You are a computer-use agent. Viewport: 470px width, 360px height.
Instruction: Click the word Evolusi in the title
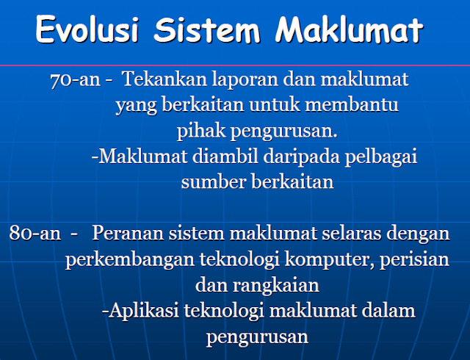[x=87, y=29]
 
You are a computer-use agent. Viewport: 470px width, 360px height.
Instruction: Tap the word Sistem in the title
[x=207, y=29]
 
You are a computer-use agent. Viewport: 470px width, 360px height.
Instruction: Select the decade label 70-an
[x=75, y=80]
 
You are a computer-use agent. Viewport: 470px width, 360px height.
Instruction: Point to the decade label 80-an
[x=35, y=233]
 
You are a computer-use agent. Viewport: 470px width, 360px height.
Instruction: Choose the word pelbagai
[x=381, y=157]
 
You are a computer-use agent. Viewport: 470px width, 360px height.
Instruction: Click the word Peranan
[x=128, y=233]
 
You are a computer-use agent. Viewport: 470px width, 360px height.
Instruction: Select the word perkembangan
[x=130, y=260]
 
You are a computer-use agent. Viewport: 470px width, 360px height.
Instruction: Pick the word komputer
[x=330, y=260]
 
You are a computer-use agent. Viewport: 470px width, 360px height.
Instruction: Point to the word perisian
[x=414, y=260]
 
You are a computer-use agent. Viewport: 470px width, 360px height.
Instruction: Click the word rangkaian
[x=276, y=286]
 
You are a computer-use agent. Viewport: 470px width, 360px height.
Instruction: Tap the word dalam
[x=388, y=311]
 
